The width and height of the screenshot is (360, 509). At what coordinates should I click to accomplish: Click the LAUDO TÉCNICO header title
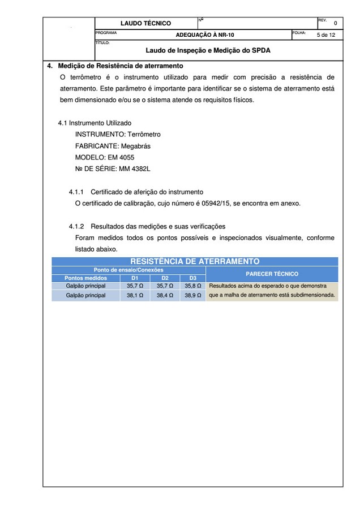(145, 23)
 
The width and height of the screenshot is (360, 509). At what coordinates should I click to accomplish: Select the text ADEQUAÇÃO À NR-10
(205, 34)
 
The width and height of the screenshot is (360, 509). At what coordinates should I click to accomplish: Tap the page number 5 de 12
(325, 35)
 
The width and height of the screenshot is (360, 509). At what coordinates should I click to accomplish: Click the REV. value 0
(335, 24)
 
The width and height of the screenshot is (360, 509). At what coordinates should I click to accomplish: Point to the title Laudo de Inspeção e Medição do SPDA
(208, 50)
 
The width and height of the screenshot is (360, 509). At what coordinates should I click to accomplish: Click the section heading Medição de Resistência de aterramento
(120, 66)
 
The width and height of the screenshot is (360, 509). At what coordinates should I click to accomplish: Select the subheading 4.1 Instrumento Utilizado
(95, 123)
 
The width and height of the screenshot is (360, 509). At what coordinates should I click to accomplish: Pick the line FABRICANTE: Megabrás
(113, 146)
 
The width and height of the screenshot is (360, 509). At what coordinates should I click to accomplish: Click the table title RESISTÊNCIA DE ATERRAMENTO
(195, 261)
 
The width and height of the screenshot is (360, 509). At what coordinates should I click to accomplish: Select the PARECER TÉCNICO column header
(272, 274)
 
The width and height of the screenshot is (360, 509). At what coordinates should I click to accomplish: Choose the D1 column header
(135, 278)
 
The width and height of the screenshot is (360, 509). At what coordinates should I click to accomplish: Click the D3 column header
(193, 278)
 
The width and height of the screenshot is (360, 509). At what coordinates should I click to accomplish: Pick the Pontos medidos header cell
(85, 278)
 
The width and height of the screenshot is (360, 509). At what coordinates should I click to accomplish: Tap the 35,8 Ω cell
(194, 286)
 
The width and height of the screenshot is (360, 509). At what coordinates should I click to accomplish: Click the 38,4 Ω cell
(165, 295)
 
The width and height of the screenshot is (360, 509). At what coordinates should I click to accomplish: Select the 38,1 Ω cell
(135, 295)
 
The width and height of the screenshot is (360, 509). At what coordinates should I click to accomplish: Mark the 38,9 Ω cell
(194, 295)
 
